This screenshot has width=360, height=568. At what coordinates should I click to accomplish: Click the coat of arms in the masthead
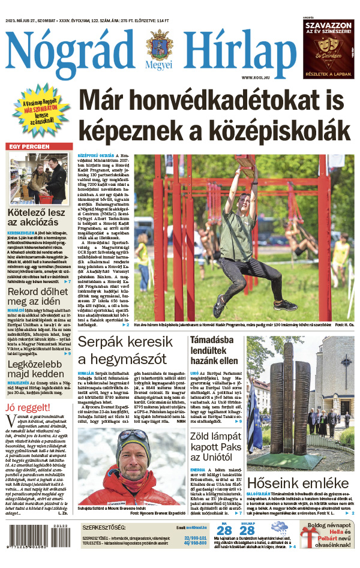click(159, 46)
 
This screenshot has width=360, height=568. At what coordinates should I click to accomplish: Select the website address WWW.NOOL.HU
click(255, 78)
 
